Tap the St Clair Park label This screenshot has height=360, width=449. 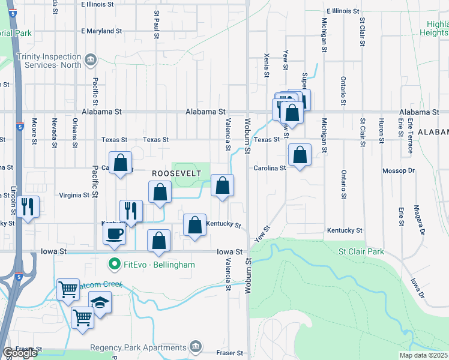tap(361, 252)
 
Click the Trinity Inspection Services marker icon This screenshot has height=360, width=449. tap(91, 59)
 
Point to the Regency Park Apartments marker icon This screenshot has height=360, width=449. tap(196, 346)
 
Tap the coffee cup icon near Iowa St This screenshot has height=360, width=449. tap(114, 234)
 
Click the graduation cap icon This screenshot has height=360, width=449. tap(100, 303)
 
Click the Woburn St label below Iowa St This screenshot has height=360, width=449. tap(247, 276)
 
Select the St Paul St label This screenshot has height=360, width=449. tap(157, 24)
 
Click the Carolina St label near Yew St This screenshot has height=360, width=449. tap(270, 169)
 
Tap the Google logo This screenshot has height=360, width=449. tap(20, 353)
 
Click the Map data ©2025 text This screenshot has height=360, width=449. tap(423, 355)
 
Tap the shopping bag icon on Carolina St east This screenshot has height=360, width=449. tap(300, 155)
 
